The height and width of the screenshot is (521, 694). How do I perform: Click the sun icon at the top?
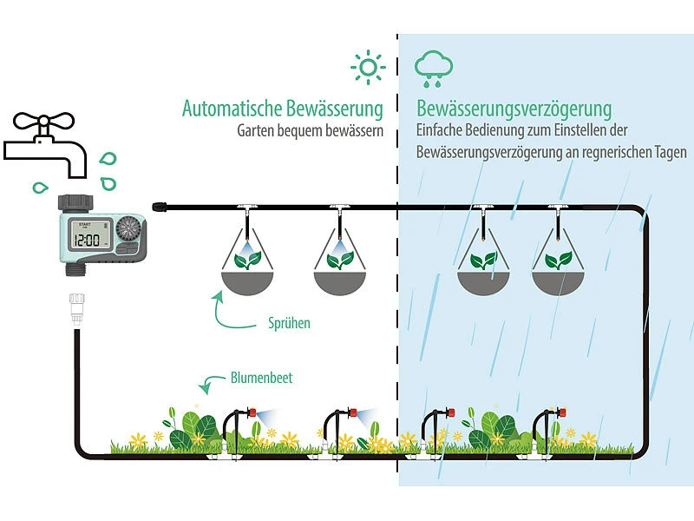[367, 67]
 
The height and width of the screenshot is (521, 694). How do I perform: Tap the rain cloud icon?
[431, 68]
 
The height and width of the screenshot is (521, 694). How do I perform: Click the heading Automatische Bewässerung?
[282, 109]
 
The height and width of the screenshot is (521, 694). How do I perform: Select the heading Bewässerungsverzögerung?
[514, 109]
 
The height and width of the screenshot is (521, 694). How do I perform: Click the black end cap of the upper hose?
[158, 207]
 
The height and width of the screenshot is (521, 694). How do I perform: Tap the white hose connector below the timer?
[76, 307]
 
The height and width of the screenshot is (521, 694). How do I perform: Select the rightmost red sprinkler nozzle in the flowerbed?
[559, 411]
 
